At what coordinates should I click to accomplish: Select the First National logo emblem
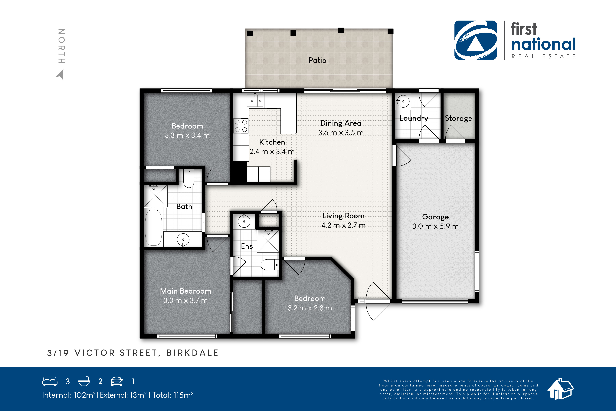coord(475,40)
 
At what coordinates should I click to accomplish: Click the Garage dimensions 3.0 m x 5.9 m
coord(435,226)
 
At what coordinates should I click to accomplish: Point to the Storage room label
coord(458,119)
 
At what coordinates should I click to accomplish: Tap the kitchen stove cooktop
coord(241,126)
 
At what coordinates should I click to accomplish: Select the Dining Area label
coord(341,123)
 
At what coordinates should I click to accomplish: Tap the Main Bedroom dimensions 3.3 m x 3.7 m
coord(185,300)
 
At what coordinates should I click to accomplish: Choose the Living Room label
coord(343,216)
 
